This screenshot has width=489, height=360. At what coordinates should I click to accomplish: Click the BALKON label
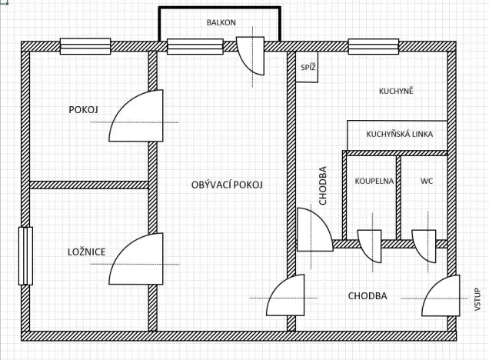221,22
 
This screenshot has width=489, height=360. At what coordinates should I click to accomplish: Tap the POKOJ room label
84,110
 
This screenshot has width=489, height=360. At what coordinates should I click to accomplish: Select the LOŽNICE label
85,252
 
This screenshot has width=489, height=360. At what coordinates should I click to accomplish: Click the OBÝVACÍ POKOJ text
228,185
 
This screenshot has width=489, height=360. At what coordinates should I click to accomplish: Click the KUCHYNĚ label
396,92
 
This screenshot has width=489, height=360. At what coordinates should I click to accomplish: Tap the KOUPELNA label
374,182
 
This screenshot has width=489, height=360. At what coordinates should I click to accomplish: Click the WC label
427,182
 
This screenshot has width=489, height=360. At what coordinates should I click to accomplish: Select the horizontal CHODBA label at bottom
368,296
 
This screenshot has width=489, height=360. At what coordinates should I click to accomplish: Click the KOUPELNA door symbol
370,245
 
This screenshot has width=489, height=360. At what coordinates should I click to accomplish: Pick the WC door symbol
424,245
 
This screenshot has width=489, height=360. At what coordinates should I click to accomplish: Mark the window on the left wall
25,256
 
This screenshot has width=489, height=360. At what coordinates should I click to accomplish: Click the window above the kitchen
373,46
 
